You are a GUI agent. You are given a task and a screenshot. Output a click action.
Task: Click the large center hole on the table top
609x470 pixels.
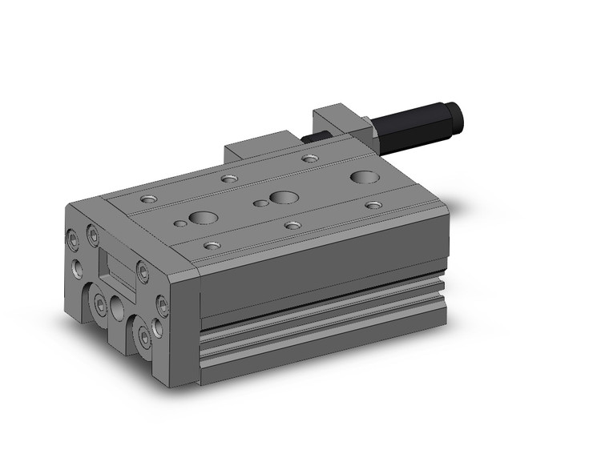(282, 197)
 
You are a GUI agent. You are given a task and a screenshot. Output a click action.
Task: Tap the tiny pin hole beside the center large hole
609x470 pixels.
(260, 203)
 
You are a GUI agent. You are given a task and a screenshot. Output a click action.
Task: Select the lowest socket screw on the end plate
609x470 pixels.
(146, 339)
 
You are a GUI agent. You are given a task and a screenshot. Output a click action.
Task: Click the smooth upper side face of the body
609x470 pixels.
(321, 276)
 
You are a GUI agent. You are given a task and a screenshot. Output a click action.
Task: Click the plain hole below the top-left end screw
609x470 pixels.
(77, 267)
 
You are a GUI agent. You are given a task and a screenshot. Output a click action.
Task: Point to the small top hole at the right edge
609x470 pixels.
(373, 205)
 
